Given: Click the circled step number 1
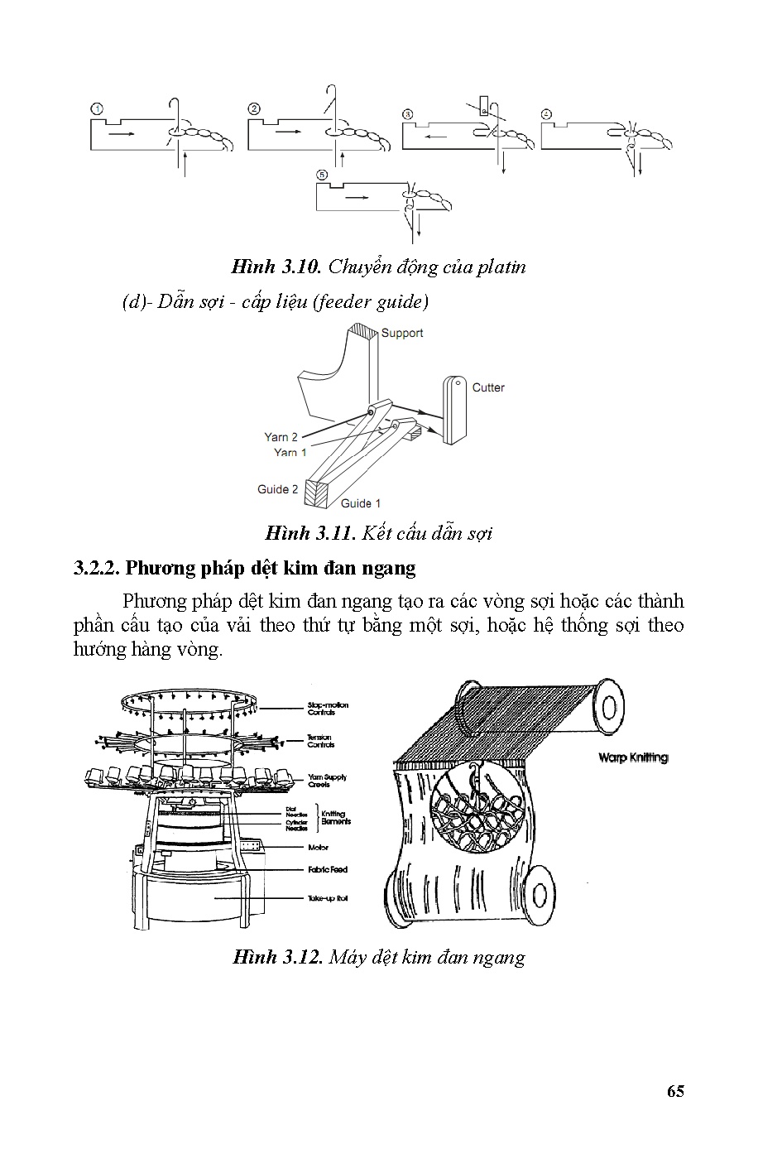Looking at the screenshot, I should [97, 109].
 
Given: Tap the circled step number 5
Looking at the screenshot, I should [322, 175].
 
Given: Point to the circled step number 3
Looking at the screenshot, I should [407, 114].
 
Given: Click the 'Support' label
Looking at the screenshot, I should [402, 333].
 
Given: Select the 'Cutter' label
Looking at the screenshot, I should [487, 387].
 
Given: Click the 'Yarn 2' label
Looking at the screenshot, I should [281, 437].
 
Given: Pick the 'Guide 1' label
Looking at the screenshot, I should [361, 503].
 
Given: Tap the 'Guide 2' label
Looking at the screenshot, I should [277, 489].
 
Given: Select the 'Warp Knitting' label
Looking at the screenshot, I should [632, 757].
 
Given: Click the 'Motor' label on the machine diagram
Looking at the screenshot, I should [318, 848].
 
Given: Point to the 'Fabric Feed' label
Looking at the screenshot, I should [328, 870].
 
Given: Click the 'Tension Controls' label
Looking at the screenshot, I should [320, 741].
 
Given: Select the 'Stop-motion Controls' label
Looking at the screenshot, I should [328, 709].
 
